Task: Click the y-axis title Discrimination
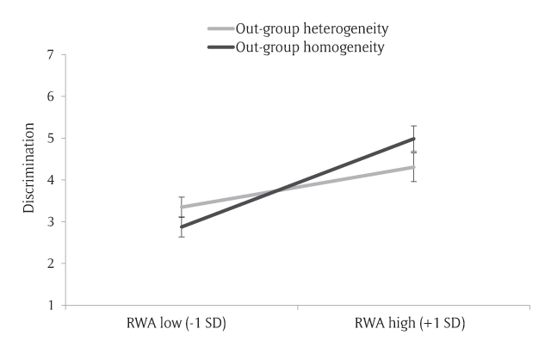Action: (x=28, y=180)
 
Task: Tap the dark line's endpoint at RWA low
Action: (x=182, y=227)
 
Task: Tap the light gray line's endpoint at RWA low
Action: (x=182, y=208)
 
